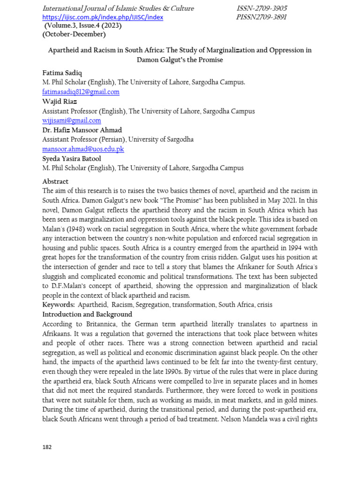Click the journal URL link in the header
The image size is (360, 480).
pos(103,17)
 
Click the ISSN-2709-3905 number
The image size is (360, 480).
pos(262,8)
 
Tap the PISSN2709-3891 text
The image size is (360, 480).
pos(262,17)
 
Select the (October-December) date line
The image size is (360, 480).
pos(74,34)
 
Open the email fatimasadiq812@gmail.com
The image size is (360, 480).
pos(81,92)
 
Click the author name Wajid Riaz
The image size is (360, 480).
pos(60,102)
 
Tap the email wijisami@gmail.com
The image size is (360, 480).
pos(71,120)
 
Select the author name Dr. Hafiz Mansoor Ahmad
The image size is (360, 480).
pos(82,130)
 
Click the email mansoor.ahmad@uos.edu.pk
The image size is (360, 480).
pos(83,149)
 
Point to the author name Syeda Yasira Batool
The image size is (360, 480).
pos(72,158)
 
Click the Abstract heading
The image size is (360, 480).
pos(55,181)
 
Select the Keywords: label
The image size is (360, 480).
pos(59,305)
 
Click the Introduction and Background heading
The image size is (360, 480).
pos(87,315)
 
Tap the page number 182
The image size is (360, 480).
pos(47,447)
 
